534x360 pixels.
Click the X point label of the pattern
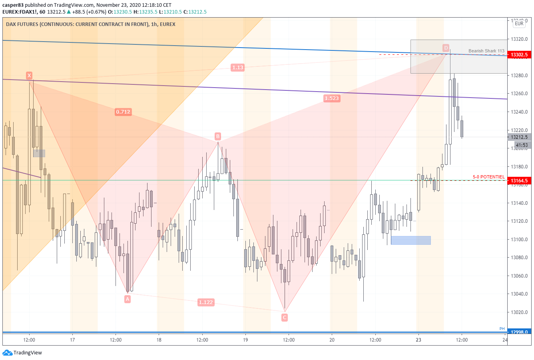[29, 75]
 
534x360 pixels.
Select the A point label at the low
[128, 299]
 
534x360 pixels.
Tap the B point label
[218, 136]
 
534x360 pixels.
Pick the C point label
[285, 318]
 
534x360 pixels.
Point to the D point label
[446, 48]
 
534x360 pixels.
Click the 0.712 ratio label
[123, 112]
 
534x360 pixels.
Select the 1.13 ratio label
[238, 68]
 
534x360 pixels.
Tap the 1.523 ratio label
[332, 98]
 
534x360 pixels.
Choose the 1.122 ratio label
[206, 302]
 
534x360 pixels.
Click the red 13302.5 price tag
[519, 55]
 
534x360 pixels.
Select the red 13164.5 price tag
[519, 181]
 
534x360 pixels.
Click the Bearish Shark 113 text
[486, 51]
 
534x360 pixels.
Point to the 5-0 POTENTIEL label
[488, 177]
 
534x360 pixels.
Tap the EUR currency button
[519, 24]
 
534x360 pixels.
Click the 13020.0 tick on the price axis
[519, 312]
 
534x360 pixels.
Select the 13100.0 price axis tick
[519, 239]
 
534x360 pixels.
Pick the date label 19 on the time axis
[245, 340]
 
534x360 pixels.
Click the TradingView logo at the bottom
[22, 353]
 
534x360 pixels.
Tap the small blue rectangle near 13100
[410, 240]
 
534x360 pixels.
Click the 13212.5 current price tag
[519, 137]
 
